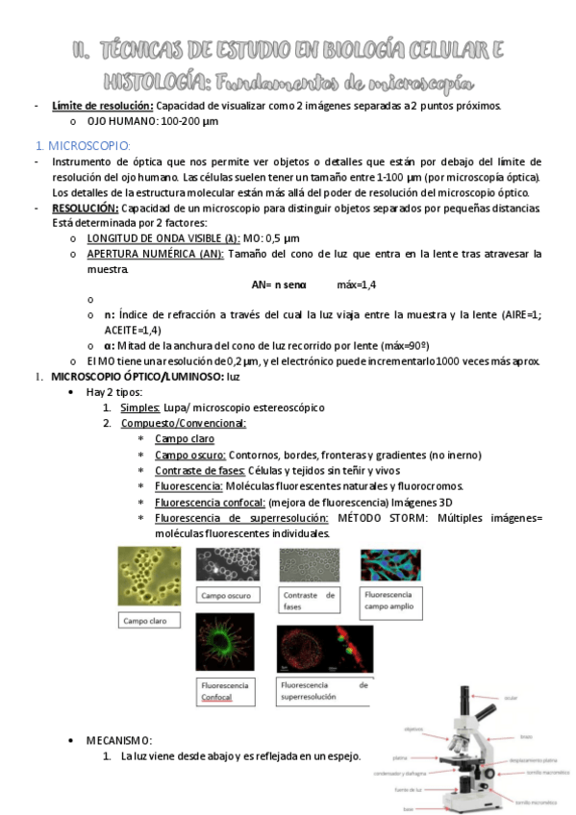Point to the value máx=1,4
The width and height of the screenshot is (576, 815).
tap(356, 284)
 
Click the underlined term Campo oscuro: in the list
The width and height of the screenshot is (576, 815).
tap(190, 455)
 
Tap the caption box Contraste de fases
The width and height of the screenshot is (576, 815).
tap(309, 602)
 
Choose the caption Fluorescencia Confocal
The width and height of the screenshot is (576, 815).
tap(227, 692)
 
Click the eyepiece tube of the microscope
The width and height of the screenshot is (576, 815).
tap(466, 701)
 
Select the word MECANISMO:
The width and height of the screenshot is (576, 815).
tap(119, 740)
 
